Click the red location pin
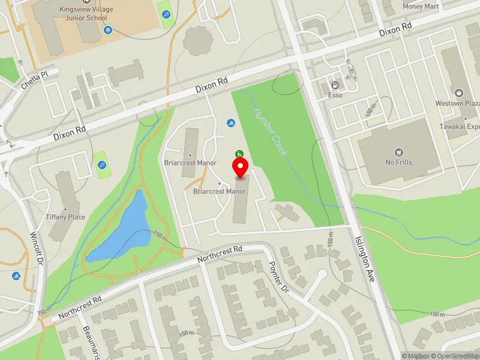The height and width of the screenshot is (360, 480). [241, 168]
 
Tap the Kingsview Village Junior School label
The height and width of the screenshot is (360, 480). [88, 13]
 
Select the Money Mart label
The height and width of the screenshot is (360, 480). [421, 6]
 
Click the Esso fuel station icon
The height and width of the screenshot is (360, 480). [335, 85]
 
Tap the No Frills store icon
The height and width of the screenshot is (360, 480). [398, 153]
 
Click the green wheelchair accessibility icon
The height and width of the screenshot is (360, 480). [239, 154]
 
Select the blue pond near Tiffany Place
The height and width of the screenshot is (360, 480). [122, 229]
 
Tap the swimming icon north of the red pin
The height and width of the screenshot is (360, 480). [232, 123]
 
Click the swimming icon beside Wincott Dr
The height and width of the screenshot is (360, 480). [16, 276]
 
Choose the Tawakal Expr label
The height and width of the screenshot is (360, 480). [460, 127]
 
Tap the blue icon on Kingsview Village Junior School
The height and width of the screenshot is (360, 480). [107, 29]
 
